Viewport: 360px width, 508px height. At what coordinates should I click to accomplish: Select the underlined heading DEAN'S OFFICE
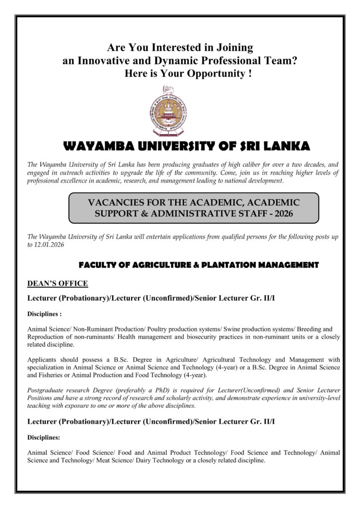[x=58, y=283]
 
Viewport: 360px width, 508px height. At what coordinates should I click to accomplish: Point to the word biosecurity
[x=221, y=337]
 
